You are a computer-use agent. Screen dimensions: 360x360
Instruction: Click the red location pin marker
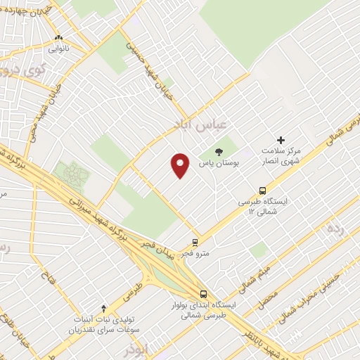[181, 165]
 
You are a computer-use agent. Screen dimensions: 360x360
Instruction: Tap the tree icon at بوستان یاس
[219, 151]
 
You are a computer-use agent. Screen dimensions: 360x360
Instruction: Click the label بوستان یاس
[219, 163]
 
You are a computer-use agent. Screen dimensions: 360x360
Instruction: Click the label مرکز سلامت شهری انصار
[281, 156]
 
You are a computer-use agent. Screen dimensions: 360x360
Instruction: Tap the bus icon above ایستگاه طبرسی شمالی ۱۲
[263, 190]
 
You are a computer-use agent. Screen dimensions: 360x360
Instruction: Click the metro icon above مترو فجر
[195, 240]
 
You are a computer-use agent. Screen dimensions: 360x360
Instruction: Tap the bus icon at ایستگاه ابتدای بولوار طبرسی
[203, 294]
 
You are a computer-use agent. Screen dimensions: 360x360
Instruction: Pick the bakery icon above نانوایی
[58, 39]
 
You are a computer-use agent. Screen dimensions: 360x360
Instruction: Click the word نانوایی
[58, 50]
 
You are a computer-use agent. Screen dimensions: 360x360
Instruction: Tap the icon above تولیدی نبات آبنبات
[104, 308]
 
